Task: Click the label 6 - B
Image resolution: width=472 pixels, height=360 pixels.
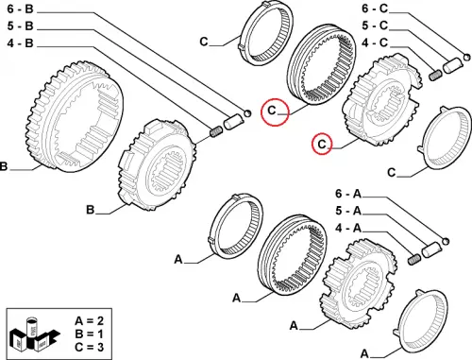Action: (20, 9)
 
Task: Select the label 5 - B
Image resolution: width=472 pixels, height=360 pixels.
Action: (20, 26)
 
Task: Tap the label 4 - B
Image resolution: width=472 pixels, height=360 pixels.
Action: (20, 43)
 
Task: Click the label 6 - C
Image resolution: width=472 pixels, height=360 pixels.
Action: (375, 9)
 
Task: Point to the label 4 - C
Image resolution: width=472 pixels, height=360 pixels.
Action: (375, 43)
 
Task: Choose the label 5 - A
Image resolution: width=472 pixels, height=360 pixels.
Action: (348, 211)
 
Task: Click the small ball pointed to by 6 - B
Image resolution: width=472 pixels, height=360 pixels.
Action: (247, 113)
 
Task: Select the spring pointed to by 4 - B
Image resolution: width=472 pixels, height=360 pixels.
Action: (216, 131)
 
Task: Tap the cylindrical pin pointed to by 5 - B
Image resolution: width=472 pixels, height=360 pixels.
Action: (233, 123)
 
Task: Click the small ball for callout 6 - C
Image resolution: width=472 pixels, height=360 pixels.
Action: (467, 57)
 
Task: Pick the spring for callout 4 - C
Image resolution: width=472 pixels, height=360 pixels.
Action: (435, 76)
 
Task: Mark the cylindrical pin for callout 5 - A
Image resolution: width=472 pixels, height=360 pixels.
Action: (431, 249)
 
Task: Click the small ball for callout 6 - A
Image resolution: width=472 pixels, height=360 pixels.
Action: (446, 242)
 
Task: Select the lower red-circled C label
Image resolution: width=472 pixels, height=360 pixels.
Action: (322, 145)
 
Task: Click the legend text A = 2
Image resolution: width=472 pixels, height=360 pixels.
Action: (89, 321)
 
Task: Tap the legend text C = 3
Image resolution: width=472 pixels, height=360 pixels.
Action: (89, 347)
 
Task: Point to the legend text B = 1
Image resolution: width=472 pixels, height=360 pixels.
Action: (89, 334)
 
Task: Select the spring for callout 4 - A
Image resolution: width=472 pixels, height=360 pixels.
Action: (414, 259)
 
